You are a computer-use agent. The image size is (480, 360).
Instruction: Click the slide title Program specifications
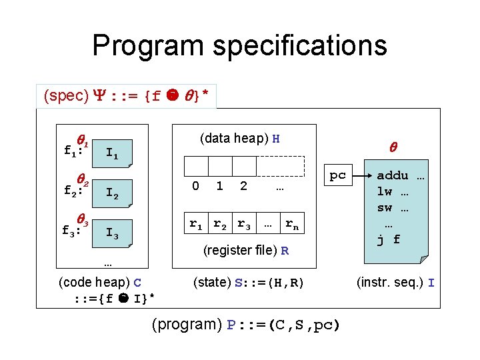tap(239, 45)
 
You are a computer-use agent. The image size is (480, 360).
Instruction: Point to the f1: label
tap(73, 151)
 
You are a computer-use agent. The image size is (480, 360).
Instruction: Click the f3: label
tap(73, 231)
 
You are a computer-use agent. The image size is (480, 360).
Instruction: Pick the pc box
tap(338, 175)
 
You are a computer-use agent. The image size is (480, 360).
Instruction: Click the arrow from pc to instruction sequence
tap(361, 176)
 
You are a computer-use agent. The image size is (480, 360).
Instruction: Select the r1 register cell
tap(196, 225)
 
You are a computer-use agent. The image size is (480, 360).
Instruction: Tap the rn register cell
tap(292, 225)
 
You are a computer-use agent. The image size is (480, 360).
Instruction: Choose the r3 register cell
tap(244, 225)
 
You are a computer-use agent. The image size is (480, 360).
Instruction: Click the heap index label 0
tap(195, 187)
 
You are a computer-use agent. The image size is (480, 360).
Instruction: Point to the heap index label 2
tap(243, 187)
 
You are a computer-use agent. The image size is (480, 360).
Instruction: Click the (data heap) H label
tap(239, 139)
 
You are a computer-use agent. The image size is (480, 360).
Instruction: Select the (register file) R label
tap(246, 251)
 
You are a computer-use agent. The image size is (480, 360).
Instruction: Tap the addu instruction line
tap(401, 177)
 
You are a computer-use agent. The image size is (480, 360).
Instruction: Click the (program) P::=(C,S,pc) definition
tap(246, 325)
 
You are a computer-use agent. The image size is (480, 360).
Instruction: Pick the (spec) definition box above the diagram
tap(127, 96)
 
